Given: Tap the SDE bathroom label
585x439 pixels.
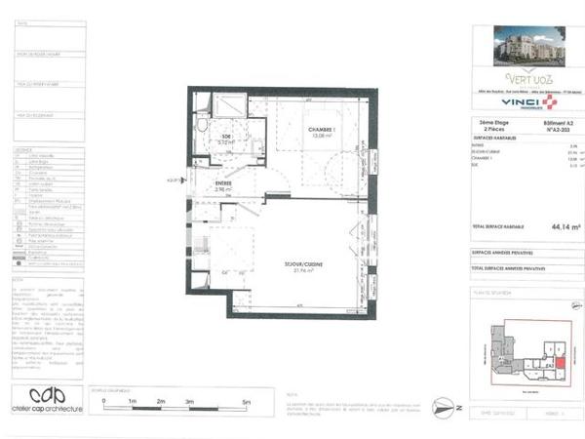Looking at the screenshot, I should pos(226,137).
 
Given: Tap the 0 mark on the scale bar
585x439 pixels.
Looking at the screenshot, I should pos(103,401).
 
